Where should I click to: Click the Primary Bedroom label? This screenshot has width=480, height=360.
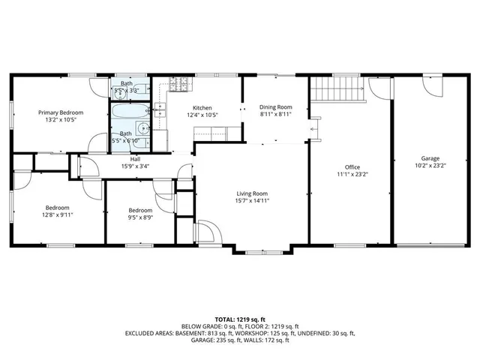pos(61,112)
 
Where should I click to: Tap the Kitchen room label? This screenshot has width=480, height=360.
pos(202,107)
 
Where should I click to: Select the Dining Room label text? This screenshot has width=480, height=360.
pos(275,107)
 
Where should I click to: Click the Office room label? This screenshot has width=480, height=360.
pos(352,166)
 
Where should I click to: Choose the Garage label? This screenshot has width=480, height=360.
pos(430,158)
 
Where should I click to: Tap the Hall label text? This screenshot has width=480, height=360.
pos(135,159)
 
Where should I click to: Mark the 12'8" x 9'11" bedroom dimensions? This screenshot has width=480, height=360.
pos(57,214)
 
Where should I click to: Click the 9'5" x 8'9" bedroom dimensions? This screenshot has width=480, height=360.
pos(140,217)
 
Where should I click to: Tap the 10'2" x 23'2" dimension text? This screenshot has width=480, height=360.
pos(430,166)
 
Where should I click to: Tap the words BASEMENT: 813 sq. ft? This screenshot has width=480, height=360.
pos(204,333)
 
